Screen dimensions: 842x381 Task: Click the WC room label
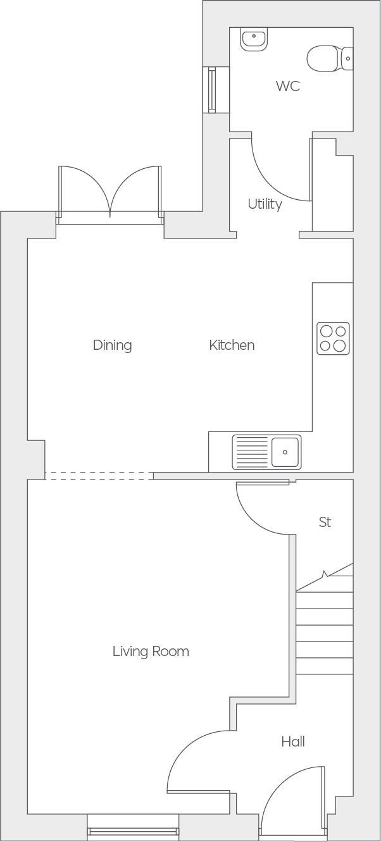click(x=287, y=86)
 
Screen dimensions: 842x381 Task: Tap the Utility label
click(x=265, y=204)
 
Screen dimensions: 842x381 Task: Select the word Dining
click(x=112, y=345)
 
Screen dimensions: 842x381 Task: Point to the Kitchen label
click(x=232, y=345)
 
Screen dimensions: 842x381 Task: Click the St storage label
click(x=325, y=522)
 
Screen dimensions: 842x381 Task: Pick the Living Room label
click(x=151, y=651)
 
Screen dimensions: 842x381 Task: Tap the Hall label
click(x=293, y=741)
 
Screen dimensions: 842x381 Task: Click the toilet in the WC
click(x=328, y=58)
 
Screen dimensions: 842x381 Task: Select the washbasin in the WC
click(x=254, y=38)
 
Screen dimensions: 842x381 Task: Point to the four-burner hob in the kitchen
click(x=333, y=338)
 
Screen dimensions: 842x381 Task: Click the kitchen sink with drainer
click(x=266, y=452)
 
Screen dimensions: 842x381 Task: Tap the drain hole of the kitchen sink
click(x=285, y=452)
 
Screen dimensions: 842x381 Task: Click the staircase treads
click(x=324, y=633)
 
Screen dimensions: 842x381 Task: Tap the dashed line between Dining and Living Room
click(x=99, y=476)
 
